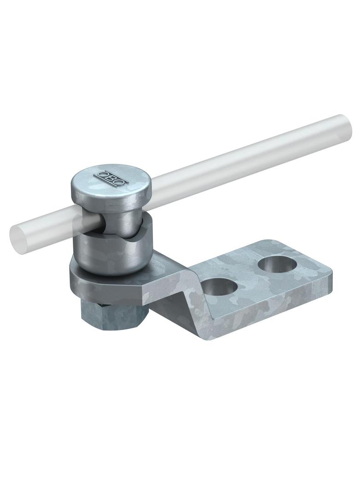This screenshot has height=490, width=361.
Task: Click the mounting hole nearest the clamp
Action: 220,286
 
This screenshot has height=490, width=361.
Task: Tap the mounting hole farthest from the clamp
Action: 277,264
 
